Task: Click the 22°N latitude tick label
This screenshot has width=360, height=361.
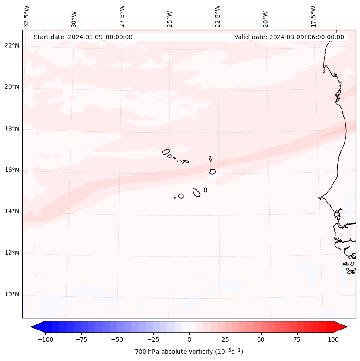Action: [x=12, y=46]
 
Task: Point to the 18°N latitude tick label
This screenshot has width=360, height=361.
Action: [x=12, y=129]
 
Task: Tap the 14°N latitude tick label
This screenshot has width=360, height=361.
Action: [x=12, y=211]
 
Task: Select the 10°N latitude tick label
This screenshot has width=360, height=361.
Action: [x=12, y=295]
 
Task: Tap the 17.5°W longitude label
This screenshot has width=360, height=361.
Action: [x=313, y=16]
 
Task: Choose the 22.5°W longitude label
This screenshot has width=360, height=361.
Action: [x=218, y=16]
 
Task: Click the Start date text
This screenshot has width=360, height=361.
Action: [x=83, y=37]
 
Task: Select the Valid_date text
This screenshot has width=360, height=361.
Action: [x=289, y=37]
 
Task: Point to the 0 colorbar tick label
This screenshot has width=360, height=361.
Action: [x=189, y=339]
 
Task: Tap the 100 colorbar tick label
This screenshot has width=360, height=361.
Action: [x=333, y=339]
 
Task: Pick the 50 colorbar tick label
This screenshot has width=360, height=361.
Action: [x=261, y=339]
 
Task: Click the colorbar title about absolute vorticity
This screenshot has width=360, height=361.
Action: [x=189, y=352]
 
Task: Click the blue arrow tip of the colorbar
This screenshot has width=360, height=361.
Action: [x=33, y=327]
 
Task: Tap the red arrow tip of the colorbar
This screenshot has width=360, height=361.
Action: [x=345, y=327]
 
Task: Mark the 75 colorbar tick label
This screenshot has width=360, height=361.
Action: [x=297, y=339]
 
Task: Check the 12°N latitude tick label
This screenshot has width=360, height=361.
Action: [x=12, y=253]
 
